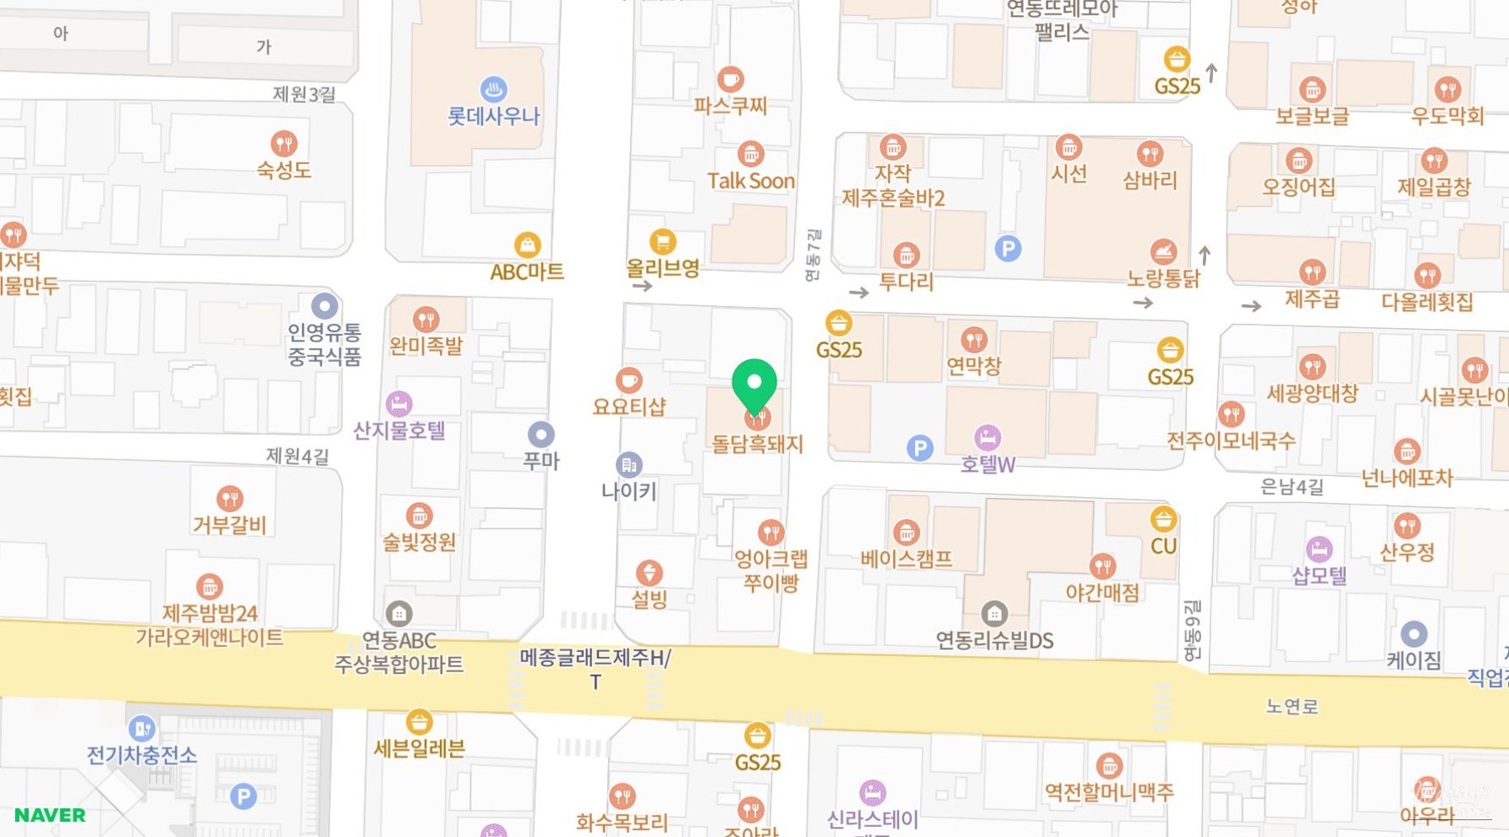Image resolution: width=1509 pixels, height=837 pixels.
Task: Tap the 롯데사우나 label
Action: click(494, 116)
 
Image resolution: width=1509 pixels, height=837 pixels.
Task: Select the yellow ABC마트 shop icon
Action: click(527, 245)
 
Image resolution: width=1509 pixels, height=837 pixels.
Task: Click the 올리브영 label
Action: click(663, 268)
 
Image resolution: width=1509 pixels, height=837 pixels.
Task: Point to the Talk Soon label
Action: click(750, 181)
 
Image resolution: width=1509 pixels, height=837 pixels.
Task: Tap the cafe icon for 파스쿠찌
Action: click(730, 80)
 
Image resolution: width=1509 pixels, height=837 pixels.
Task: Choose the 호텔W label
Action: click(987, 464)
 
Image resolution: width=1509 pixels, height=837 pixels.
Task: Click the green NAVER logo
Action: click(50, 815)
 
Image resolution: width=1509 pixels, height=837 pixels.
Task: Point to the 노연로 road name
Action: click(1291, 707)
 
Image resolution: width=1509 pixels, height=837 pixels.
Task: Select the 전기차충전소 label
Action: click(142, 755)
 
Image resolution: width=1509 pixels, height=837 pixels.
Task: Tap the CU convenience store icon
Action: click(1163, 519)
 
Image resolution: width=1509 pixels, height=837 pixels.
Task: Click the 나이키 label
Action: click(628, 491)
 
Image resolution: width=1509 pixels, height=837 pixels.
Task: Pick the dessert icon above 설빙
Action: click(649, 573)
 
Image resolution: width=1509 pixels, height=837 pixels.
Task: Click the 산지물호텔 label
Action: click(399, 431)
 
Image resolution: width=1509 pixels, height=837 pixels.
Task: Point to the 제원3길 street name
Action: click(304, 94)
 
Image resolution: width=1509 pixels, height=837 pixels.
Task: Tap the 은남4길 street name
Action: click(1291, 486)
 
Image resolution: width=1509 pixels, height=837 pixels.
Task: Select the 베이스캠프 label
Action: click(906, 559)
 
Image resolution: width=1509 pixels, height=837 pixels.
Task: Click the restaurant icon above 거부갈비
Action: click(230, 499)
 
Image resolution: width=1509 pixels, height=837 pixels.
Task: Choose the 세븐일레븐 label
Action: click(419, 749)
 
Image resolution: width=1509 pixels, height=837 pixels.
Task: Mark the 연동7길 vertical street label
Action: click(813, 255)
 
